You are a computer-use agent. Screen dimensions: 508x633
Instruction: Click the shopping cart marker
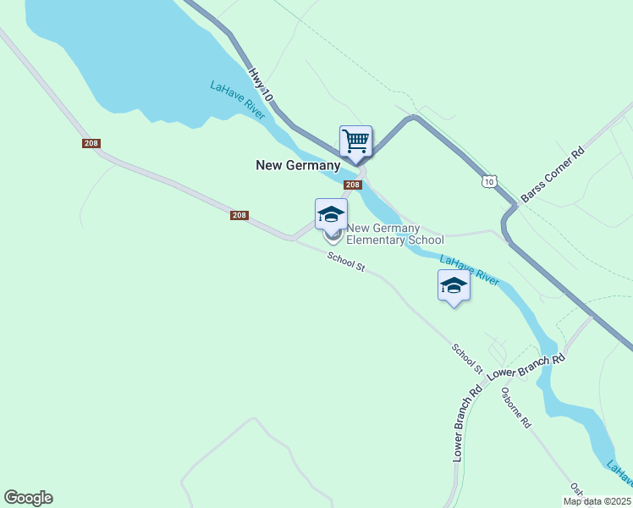coord(356,141)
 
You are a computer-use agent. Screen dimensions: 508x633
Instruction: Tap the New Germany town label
coord(298,166)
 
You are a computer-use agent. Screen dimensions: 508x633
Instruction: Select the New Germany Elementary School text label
coord(395,234)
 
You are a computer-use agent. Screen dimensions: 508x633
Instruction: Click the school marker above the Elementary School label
coord(331,215)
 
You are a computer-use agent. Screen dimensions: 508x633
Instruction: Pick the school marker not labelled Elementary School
coord(454,286)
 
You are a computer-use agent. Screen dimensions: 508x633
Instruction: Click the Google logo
coord(28,498)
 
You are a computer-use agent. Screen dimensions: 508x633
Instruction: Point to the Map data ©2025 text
coord(597,501)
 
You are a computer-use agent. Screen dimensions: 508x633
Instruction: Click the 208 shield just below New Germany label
coord(353,185)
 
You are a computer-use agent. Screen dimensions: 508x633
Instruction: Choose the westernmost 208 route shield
coord(91,143)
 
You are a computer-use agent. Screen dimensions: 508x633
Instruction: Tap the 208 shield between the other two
coord(239,215)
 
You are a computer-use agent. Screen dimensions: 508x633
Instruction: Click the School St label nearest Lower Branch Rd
coord(467,359)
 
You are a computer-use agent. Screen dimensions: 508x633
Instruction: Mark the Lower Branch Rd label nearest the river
coord(526,367)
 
